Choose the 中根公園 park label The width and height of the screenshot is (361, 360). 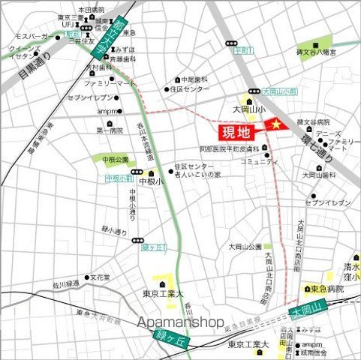click(x=110, y=159)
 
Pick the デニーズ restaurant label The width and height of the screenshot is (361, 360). click(x=327, y=133)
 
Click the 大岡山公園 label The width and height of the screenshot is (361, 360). click(x=245, y=247)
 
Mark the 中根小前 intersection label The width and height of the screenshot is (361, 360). click(x=119, y=178)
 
